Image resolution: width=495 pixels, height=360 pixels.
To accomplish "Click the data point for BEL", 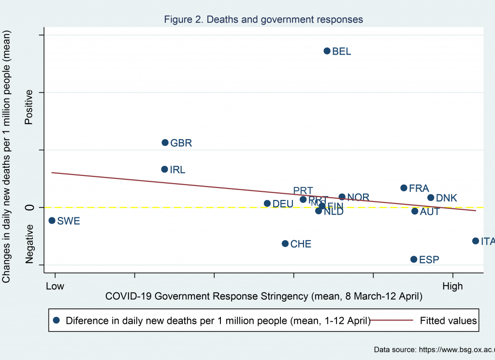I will [x=327, y=51].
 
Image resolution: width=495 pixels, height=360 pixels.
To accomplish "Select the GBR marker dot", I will [x=165, y=143].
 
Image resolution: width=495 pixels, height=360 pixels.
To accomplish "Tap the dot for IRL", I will [x=164, y=169].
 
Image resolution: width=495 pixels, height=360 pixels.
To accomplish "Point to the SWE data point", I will [x=52, y=220].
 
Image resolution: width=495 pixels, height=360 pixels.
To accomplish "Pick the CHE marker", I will [x=285, y=244].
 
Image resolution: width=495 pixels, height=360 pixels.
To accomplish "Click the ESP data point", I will [x=414, y=259].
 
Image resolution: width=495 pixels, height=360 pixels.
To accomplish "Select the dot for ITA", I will [x=476, y=241].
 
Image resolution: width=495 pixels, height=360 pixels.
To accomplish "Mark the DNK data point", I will [x=431, y=198].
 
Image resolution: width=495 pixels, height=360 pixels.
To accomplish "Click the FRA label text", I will [x=419, y=188].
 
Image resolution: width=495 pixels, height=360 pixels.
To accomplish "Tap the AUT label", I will [x=429, y=212].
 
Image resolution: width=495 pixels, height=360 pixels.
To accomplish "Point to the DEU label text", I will [x=283, y=204].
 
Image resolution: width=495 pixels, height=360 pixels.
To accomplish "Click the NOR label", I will [x=358, y=197].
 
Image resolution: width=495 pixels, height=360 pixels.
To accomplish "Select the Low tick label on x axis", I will [x=55, y=286].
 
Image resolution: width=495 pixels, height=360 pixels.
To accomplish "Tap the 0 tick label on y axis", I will [x=29, y=207].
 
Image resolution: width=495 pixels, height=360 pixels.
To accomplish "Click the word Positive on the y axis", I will [x=29, y=107].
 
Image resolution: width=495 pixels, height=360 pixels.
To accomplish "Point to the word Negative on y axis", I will [x=29, y=244].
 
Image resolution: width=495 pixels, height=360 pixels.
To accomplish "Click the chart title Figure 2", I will [x=263, y=19].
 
